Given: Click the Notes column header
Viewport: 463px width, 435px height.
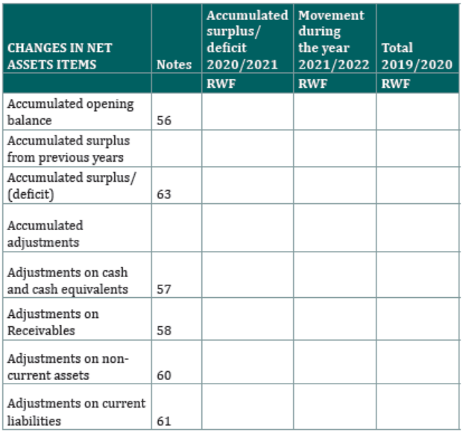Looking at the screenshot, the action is click(x=174, y=65).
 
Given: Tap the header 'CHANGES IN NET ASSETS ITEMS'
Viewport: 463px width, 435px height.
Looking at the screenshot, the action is click(x=60, y=56).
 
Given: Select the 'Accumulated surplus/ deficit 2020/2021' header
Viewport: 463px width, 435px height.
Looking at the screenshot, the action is click(x=247, y=39).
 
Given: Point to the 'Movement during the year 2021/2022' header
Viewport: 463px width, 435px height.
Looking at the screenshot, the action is click(x=334, y=39).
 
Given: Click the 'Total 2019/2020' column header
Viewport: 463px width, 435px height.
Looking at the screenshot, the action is click(x=417, y=56).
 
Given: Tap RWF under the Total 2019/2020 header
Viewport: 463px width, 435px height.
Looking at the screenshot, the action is click(x=395, y=83).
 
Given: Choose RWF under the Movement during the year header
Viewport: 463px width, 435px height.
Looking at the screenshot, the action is click(x=312, y=83).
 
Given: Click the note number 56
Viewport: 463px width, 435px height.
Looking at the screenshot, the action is click(x=164, y=121).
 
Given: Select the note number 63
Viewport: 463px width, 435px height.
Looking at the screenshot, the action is click(x=164, y=194).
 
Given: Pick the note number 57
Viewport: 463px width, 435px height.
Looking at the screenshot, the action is click(x=164, y=289).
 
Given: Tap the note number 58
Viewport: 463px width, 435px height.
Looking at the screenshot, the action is click(x=164, y=330).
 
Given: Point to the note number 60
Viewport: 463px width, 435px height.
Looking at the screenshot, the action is click(x=164, y=375).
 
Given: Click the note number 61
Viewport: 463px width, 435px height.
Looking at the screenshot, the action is click(x=164, y=421).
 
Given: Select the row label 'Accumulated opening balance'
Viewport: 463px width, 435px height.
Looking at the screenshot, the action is click(x=70, y=112).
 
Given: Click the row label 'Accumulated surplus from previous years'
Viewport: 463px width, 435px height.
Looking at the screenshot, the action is click(x=69, y=149).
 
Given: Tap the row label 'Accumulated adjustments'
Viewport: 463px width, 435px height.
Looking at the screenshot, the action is click(x=45, y=234).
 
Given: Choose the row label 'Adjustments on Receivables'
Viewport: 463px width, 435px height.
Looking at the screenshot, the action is click(x=53, y=322).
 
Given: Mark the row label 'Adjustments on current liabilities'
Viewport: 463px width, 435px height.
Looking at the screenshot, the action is click(x=76, y=412).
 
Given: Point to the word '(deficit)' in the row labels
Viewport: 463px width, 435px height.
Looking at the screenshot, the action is click(x=31, y=194).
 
